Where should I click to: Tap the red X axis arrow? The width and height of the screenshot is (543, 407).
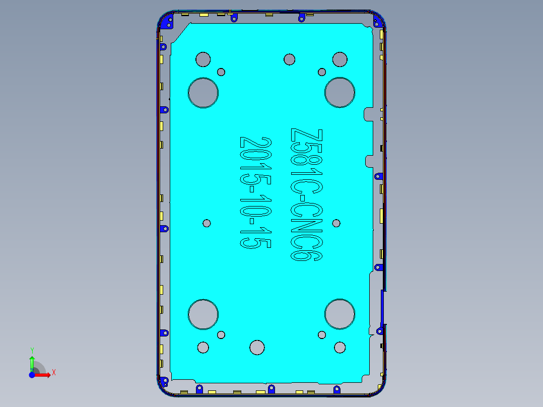click(x=44, y=375)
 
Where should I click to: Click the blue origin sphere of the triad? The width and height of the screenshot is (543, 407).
click(x=32, y=375)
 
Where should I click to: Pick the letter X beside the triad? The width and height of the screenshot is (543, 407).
click(x=53, y=372)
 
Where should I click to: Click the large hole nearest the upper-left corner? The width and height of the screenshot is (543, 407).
click(x=203, y=93)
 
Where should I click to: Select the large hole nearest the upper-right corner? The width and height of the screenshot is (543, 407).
click(x=340, y=93)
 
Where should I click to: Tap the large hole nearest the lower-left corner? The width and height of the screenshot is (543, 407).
click(x=203, y=314)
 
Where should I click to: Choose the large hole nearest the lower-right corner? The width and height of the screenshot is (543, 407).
click(x=340, y=314)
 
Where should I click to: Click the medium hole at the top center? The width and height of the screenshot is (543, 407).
click(x=289, y=59)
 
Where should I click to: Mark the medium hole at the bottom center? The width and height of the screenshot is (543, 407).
click(x=257, y=347)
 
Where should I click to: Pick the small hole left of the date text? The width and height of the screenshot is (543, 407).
click(x=207, y=223)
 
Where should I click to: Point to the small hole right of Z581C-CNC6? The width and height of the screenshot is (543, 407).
click(x=336, y=223)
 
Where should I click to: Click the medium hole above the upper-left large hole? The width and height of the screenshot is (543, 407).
click(x=203, y=59)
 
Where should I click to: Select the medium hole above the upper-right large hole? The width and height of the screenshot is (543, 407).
click(x=340, y=59)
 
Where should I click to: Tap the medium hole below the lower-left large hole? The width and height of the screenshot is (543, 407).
click(x=203, y=347)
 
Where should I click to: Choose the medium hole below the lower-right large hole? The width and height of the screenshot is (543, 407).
click(x=340, y=347)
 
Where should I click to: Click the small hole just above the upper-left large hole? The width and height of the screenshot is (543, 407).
click(x=221, y=72)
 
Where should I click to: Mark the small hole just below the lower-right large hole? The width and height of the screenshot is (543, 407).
click(x=322, y=334)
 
